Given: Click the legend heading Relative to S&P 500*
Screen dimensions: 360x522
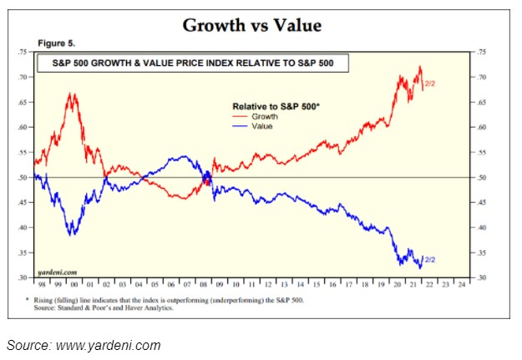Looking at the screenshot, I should (275, 106).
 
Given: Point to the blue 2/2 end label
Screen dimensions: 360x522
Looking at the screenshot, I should (431, 260).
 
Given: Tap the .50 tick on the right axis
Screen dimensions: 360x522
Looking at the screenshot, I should (480, 178).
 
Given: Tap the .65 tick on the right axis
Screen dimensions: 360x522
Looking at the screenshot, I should (480, 103).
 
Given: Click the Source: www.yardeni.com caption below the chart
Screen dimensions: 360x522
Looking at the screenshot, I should (84, 345).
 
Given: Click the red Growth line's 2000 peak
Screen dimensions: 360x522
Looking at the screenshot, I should (73, 94).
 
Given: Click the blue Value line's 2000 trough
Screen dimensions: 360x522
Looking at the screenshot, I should (73, 235).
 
